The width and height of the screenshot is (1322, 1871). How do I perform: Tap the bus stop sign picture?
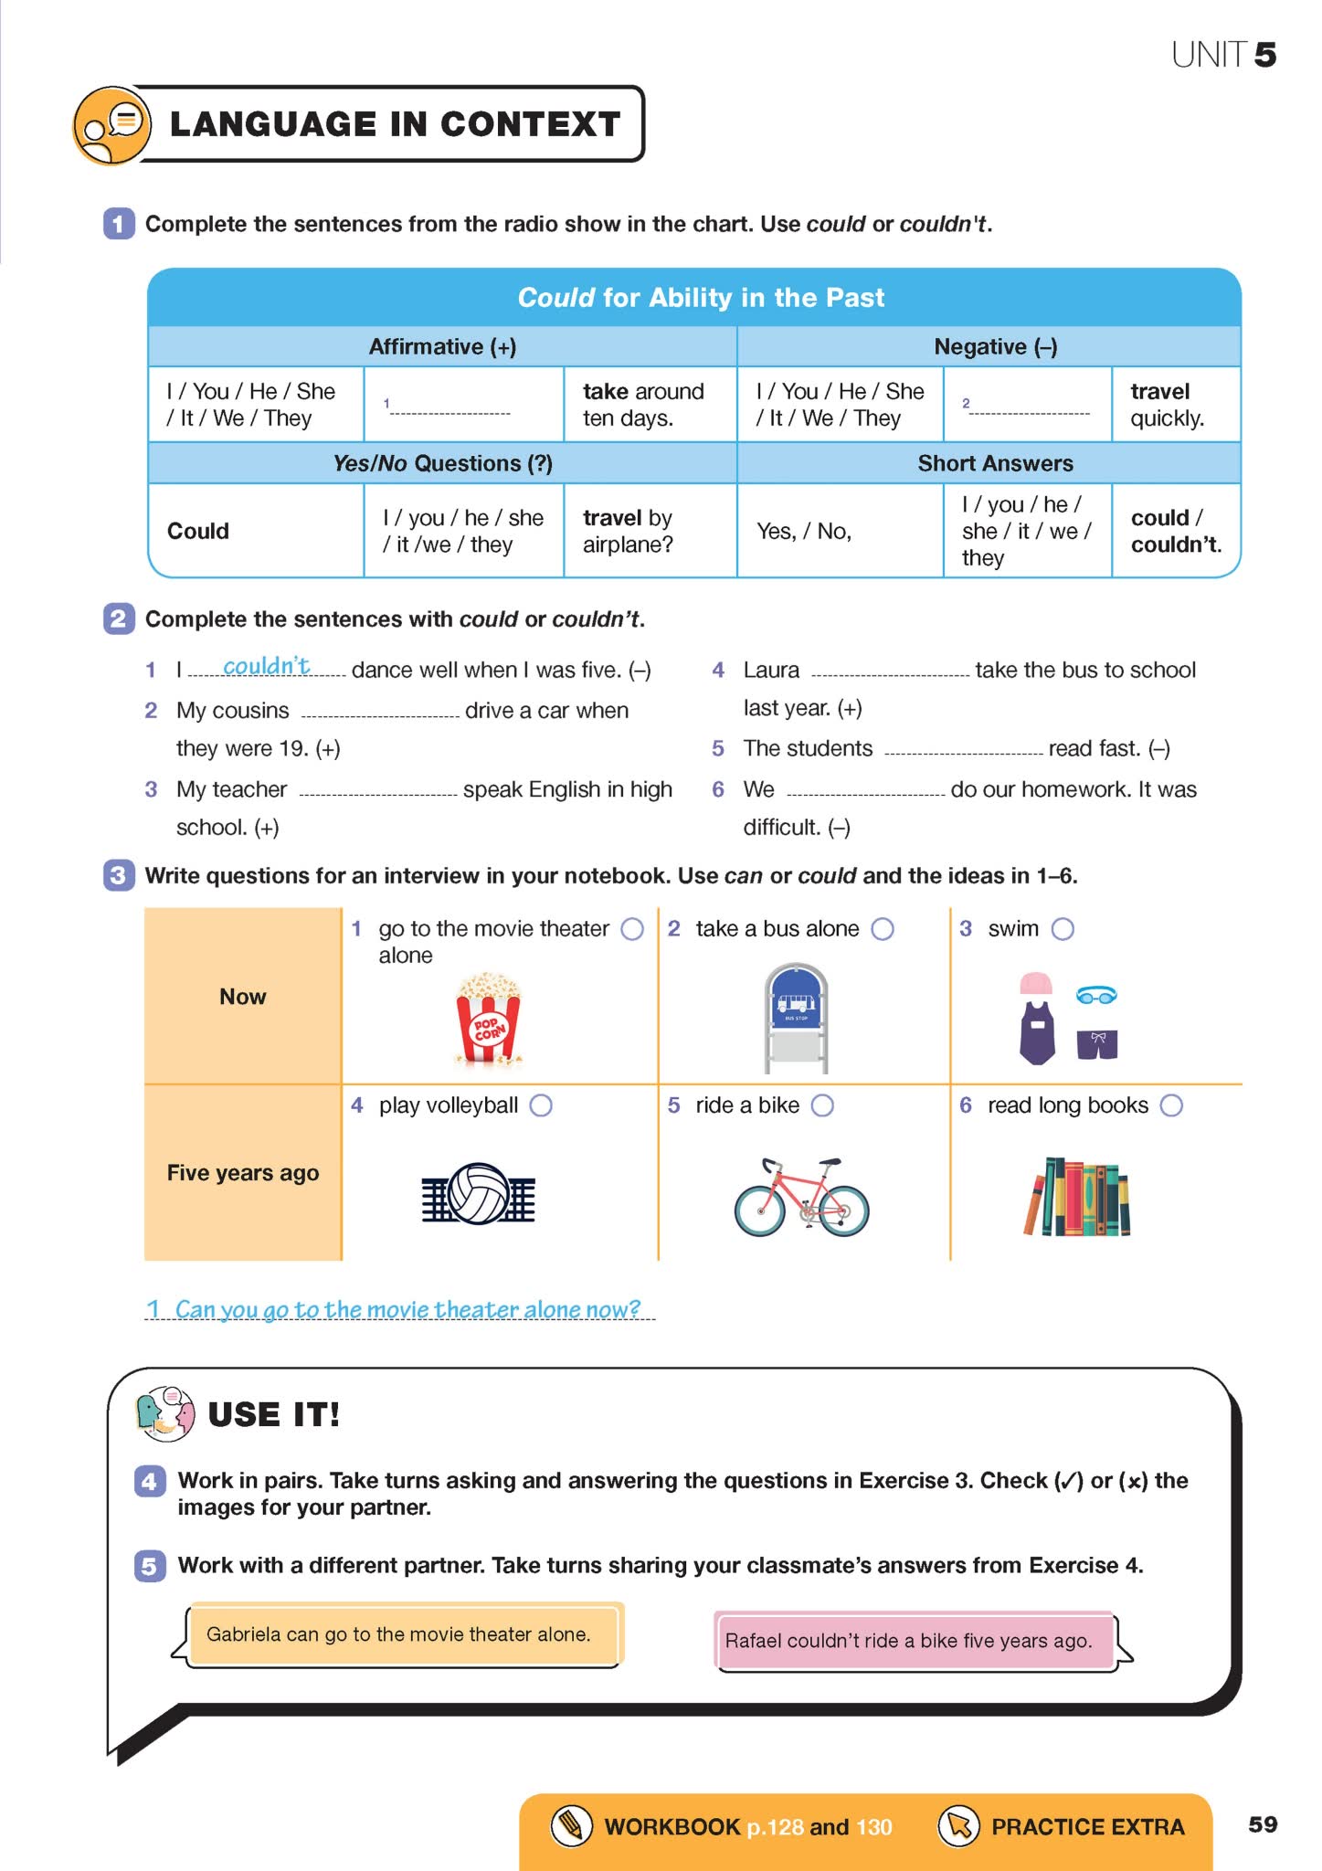[x=796, y=1017]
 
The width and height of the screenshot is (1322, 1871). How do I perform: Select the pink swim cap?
[x=1036, y=983]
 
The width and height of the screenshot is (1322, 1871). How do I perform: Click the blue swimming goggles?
[x=1096, y=995]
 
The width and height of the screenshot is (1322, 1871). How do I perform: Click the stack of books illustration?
[x=1077, y=1197]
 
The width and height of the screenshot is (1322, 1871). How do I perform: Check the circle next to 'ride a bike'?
[x=822, y=1105]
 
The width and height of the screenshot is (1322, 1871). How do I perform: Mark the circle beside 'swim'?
[x=1063, y=929]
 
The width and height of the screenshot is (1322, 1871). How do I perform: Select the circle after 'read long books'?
[x=1171, y=1105]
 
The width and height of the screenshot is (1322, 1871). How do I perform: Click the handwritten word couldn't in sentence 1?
[x=267, y=666]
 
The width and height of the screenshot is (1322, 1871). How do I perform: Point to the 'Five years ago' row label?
[x=243, y=1173]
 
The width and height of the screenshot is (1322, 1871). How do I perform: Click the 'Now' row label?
[x=243, y=997]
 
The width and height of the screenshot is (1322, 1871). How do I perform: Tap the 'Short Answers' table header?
[x=995, y=463]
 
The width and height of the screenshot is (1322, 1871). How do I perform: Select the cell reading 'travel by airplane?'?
[x=629, y=531]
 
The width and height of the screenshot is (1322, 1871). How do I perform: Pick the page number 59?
[x=1262, y=1824]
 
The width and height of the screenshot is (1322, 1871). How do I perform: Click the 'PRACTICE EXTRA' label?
[x=1087, y=1826]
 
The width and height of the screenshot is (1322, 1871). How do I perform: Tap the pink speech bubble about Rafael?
[x=914, y=1641]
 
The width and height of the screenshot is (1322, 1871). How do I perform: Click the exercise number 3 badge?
[x=119, y=875]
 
